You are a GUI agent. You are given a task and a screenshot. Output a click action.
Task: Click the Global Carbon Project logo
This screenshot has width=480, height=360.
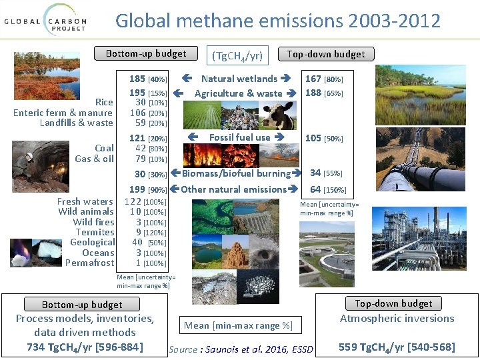click(45, 19)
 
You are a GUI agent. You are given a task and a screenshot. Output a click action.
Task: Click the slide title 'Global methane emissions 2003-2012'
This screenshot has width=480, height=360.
click(278, 21)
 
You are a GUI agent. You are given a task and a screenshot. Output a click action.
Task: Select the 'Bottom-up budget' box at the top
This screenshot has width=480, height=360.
click(146, 53)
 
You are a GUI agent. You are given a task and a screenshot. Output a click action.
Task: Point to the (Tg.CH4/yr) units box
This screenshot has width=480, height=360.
click(237, 55)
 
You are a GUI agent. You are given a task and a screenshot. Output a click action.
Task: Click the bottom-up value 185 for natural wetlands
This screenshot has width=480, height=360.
click(137, 79)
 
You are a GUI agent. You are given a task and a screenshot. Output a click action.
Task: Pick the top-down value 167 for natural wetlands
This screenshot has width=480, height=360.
click(313, 79)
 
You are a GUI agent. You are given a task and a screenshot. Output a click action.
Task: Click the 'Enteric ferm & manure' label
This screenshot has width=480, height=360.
click(63, 113)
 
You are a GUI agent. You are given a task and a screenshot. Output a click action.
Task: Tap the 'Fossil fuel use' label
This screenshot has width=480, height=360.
click(239, 137)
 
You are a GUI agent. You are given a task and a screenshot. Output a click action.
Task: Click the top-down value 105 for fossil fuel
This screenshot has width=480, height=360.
click(313, 138)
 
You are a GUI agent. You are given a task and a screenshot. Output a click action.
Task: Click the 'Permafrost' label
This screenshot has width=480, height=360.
click(90, 263)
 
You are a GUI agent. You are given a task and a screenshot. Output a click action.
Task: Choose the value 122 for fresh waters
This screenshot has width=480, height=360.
click(133, 201)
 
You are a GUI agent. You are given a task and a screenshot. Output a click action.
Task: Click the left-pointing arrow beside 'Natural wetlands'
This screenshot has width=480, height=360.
click(187, 79)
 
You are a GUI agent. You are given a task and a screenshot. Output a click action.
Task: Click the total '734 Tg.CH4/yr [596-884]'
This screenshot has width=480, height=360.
click(85, 347)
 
